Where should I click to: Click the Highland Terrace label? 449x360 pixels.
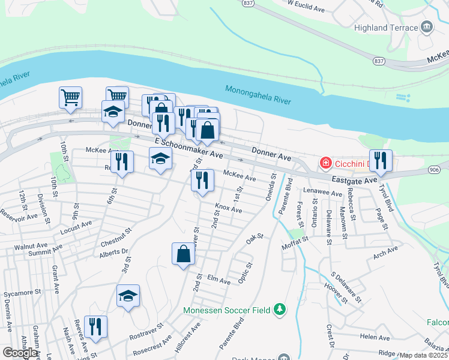[x=385, y=28]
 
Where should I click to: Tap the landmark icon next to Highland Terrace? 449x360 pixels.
[x=427, y=27]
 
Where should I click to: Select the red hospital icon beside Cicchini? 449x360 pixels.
[x=325, y=163]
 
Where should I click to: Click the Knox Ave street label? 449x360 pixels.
[x=229, y=208]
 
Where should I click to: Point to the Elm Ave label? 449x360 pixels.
[x=218, y=280]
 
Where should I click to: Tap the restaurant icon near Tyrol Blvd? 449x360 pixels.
[x=381, y=160]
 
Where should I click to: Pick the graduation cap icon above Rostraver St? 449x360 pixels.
[x=128, y=296]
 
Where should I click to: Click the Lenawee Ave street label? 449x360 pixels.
[x=318, y=191]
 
